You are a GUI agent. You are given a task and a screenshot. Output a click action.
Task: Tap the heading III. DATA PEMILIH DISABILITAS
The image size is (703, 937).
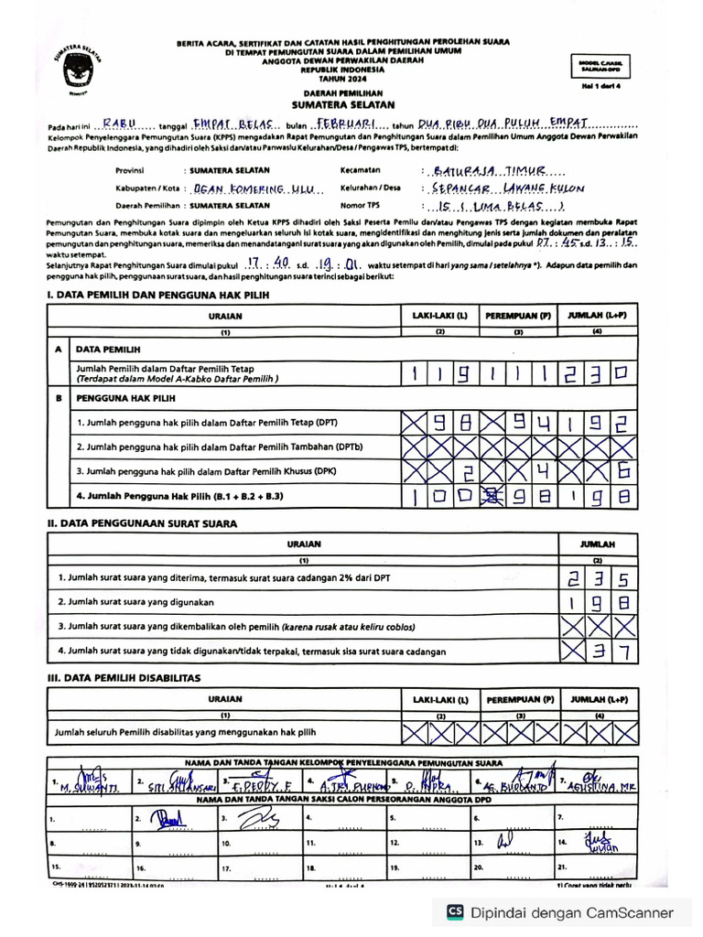coord(124,677)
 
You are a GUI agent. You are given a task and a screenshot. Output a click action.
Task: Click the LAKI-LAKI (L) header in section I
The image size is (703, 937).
coord(439,316)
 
